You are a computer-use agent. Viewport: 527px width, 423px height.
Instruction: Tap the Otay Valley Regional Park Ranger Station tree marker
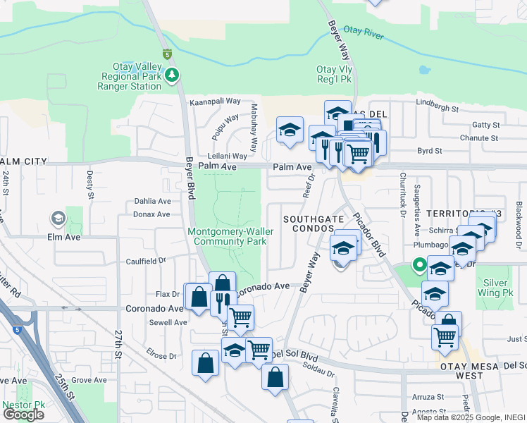click(171, 74)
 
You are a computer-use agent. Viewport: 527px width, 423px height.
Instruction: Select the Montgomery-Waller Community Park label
click(227, 236)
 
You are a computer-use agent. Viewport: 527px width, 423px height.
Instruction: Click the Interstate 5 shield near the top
click(167, 54)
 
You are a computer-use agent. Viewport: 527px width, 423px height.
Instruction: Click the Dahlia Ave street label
click(153, 201)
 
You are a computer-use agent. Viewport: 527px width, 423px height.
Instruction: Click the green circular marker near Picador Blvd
click(418, 266)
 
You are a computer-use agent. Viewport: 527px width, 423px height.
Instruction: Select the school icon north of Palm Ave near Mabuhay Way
click(290, 130)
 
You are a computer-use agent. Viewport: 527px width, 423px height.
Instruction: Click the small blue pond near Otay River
click(423, 71)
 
